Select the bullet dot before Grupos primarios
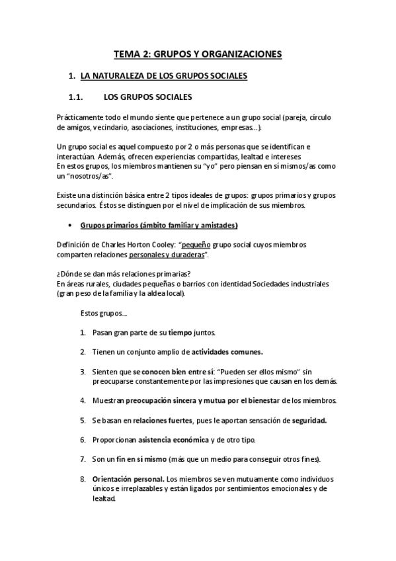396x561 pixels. [x=70, y=225]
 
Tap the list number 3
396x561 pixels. [x=83, y=372]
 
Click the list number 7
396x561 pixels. [x=83, y=458]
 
